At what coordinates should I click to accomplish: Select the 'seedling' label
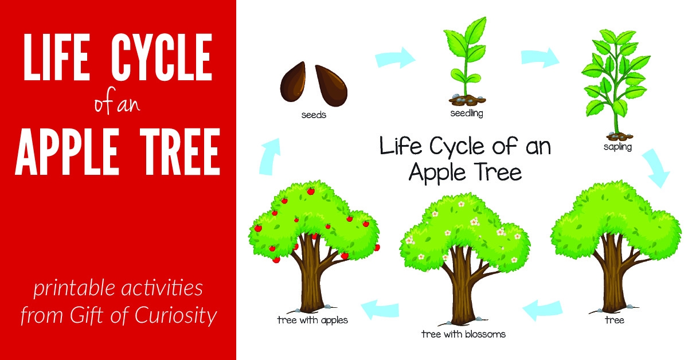pyautogui.click(x=466, y=113)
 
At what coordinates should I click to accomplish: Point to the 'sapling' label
pyautogui.click(x=617, y=147)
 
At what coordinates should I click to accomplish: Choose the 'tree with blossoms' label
pyautogui.click(x=463, y=334)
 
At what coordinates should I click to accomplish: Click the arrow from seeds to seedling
pyautogui.click(x=396, y=57)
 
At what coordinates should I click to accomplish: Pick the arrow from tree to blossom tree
pyautogui.click(x=542, y=310)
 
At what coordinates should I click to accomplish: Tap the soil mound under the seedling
pyautogui.click(x=466, y=101)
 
